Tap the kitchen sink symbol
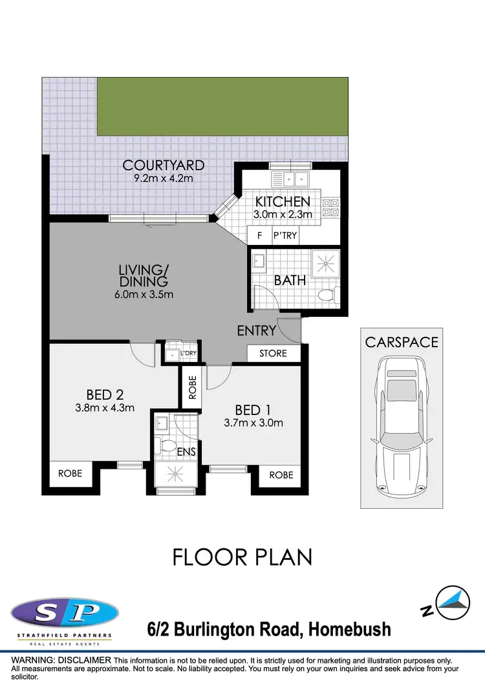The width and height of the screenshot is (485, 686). tap(291, 179)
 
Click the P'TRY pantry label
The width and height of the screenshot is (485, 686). tap(285, 235)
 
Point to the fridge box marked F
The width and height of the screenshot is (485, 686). tap(259, 235)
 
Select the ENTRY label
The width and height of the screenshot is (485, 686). tap(257, 331)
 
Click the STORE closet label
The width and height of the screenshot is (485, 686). tap(274, 354)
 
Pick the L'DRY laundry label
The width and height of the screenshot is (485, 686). tap(188, 354)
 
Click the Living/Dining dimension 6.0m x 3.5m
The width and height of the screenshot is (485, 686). tap(144, 295)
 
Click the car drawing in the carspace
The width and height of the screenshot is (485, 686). tap(402, 427)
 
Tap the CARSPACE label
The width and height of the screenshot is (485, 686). tap(402, 342)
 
